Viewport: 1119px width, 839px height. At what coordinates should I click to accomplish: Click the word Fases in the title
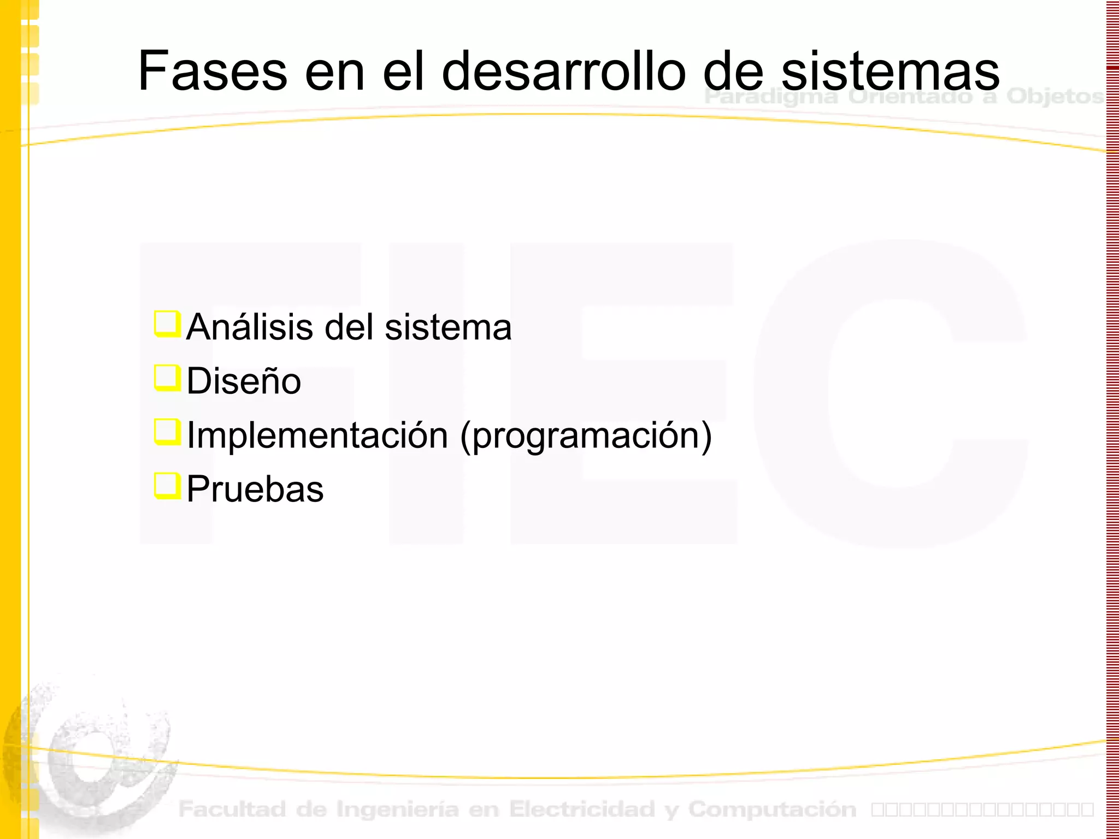(x=213, y=71)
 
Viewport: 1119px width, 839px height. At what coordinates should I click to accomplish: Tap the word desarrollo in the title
(x=563, y=71)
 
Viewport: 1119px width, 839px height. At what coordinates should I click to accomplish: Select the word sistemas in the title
(x=890, y=71)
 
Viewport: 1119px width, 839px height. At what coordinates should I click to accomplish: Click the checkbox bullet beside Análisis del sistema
(x=167, y=324)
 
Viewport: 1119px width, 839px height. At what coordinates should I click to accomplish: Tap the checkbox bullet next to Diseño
(x=167, y=378)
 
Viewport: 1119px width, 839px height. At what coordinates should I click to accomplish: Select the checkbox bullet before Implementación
(x=167, y=432)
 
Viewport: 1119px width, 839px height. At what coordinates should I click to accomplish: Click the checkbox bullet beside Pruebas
(x=167, y=486)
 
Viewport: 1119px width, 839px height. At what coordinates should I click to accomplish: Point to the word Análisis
(x=252, y=327)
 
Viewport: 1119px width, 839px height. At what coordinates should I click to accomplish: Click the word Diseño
(x=244, y=381)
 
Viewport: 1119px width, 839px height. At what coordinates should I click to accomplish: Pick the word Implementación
(x=317, y=435)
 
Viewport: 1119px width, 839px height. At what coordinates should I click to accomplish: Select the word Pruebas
(x=255, y=489)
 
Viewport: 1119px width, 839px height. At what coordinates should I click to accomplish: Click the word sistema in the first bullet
(x=448, y=327)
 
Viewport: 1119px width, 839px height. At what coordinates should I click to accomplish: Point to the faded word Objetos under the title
(x=1055, y=97)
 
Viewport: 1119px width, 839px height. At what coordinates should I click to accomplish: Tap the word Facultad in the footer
(x=232, y=809)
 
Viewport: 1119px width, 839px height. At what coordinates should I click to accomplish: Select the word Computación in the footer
(x=772, y=809)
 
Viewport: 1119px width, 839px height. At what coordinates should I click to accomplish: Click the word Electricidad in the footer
(x=582, y=809)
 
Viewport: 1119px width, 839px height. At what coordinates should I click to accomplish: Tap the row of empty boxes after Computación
(x=982, y=809)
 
